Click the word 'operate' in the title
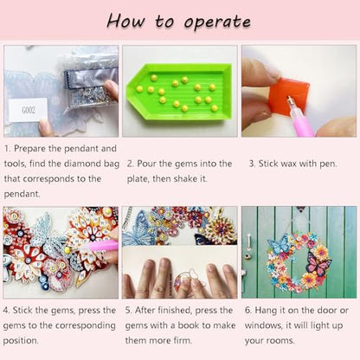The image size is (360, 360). click(x=217, y=22)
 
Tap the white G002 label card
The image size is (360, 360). click(x=28, y=110)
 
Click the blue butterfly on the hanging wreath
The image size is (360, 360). click(x=278, y=244)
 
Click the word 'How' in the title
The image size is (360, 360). click(x=125, y=22)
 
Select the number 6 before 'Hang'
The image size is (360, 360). click(x=247, y=311)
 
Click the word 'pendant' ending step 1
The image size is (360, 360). click(x=22, y=194)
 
